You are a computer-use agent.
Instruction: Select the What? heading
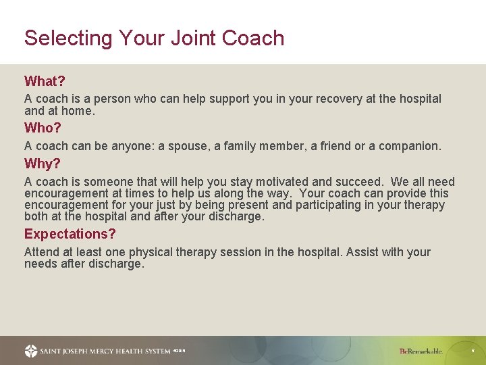pos(45,82)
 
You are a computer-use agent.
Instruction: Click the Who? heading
pos(43,128)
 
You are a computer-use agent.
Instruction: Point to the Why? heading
pos(43,164)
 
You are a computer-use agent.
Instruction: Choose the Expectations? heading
pos(70,234)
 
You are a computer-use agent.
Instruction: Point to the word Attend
pos(42,252)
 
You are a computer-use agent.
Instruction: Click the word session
pos(236,252)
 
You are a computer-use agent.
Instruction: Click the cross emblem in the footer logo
pos(31,351)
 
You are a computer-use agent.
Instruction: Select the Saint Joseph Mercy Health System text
pos(105,351)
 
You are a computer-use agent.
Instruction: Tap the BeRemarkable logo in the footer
pos(421,351)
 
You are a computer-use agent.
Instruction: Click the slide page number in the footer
pos(473,351)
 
